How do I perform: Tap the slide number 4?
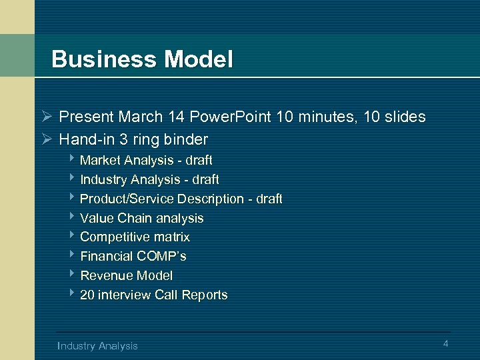(445, 343)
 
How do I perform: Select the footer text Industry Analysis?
(98, 345)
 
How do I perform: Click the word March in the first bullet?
(141, 117)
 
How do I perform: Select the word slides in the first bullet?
(404, 117)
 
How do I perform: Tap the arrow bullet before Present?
(45, 117)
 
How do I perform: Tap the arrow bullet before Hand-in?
(45, 139)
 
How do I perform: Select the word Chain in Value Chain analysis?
(133, 218)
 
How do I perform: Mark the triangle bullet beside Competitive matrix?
(71, 236)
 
